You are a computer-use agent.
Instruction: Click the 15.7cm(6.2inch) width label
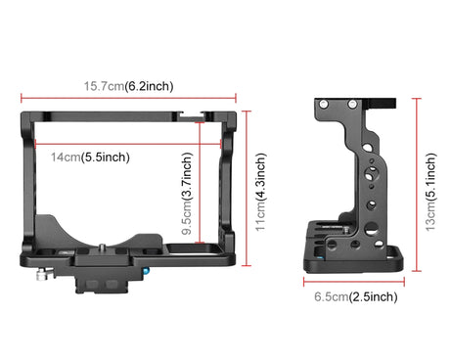128,86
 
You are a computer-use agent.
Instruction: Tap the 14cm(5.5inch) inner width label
90,157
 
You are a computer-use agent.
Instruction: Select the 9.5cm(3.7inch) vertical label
187,194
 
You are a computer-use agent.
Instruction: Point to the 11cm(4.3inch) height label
261,193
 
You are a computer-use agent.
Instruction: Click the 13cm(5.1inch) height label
430,193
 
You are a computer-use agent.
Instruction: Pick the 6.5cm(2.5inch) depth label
356,296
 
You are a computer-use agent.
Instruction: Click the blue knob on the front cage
147,271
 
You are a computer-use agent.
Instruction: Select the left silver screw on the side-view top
324,105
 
